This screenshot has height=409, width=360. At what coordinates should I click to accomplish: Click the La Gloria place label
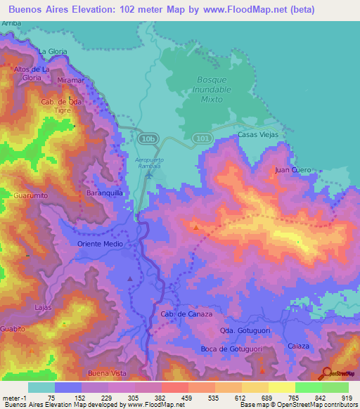(x=53, y=51)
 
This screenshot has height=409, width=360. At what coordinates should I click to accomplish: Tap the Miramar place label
(x=72, y=81)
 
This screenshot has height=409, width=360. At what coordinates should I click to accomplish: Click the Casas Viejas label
(x=258, y=134)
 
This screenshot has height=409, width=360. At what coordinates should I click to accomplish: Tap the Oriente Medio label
(x=100, y=244)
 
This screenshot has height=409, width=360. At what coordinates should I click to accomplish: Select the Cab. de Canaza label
(x=186, y=314)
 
